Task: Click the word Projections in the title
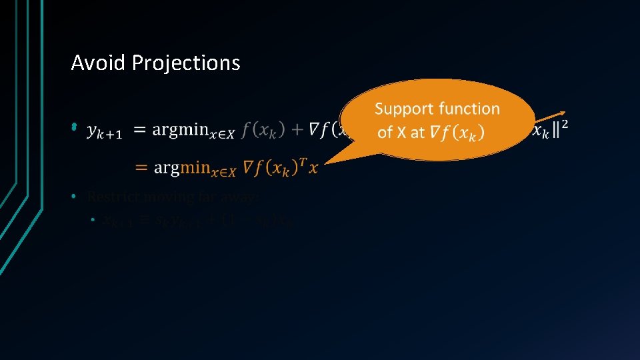[x=186, y=63]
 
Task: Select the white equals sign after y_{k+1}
[x=141, y=130]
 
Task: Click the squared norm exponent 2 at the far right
[x=565, y=124]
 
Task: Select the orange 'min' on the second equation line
[x=195, y=167]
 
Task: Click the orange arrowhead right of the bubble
[x=563, y=113]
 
